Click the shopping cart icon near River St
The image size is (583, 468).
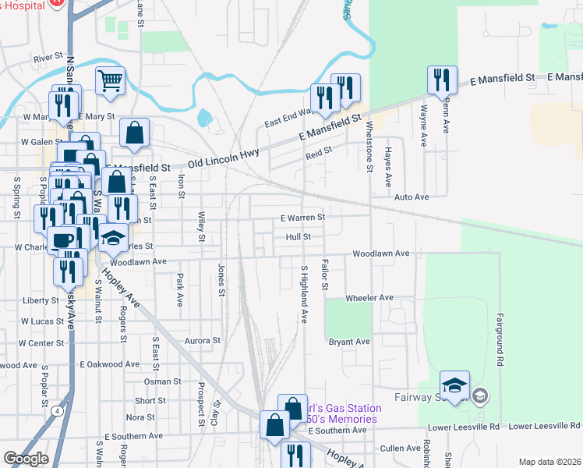point(111,80)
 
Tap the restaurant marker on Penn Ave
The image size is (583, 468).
point(440,80)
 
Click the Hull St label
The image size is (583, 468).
point(298,236)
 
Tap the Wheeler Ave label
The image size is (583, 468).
point(369,298)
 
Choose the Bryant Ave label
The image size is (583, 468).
point(348,342)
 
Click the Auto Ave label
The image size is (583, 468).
point(412,198)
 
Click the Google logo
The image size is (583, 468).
point(26,459)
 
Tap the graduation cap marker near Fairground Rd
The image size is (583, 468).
point(454,385)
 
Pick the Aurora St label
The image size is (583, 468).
point(203,341)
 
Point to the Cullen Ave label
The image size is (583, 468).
point(401,448)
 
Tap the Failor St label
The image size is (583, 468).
point(325,274)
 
